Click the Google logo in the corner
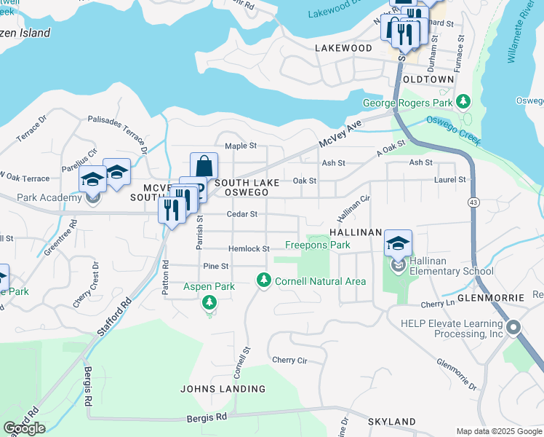point(24,428)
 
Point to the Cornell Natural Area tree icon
point(264,280)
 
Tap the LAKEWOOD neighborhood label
point(343,47)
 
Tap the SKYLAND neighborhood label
point(391,422)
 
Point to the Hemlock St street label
point(249,249)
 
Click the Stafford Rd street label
point(113,317)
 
